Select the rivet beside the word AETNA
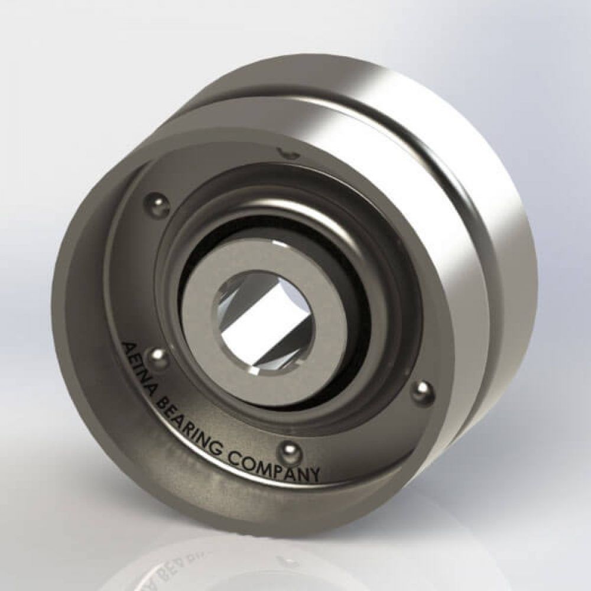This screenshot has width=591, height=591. (x=158, y=356)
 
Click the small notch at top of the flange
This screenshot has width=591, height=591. (x=288, y=152)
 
